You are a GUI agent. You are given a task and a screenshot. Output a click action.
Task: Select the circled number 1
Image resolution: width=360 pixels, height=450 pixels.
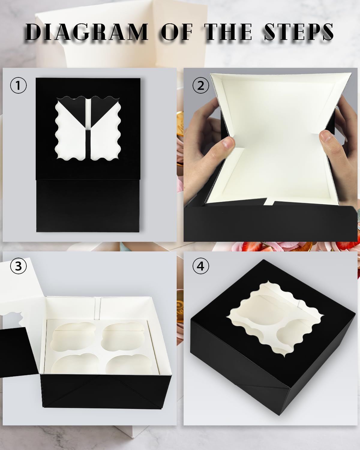pos(19,85)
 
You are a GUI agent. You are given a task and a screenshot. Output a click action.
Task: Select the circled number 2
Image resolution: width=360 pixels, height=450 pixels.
pos(201,85)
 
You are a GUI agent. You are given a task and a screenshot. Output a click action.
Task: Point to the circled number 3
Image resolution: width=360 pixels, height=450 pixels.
pos(19,265)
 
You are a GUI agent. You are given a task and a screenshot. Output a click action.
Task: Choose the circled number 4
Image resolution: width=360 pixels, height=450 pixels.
pos(201,265)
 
